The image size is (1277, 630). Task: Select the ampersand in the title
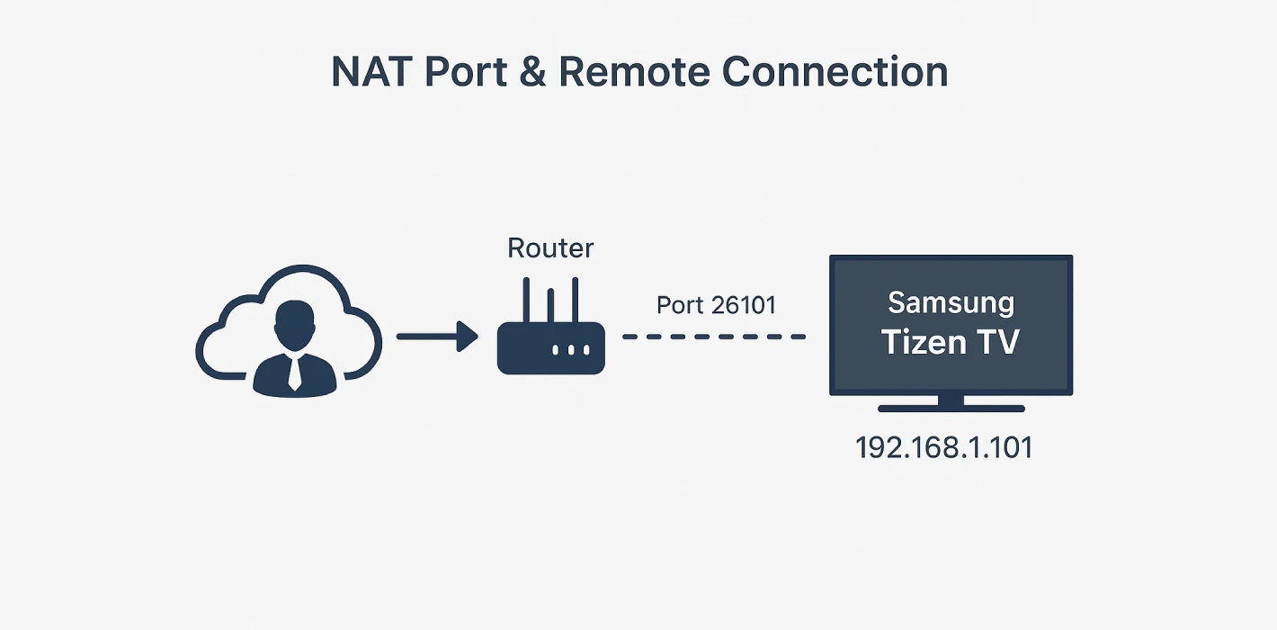(532, 71)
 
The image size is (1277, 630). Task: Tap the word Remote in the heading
(635, 71)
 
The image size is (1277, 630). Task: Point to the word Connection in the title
(835, 71)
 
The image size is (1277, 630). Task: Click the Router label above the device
(550, 248)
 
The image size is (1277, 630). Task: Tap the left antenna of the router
(529, 299)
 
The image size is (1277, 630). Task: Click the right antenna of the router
(574, 299)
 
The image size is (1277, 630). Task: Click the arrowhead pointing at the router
(467, 337)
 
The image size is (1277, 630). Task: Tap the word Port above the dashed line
(680, 305)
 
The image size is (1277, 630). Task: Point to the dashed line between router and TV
(714, 337)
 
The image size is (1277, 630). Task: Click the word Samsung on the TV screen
(951, 303)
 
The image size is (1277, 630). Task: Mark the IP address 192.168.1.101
(943, 447)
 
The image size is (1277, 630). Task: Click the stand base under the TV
(951, 408)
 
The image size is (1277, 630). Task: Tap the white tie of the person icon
(294, 371)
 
